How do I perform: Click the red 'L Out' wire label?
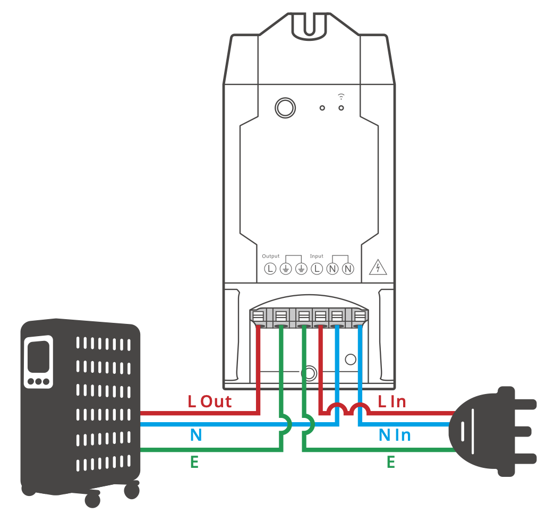point(210,401)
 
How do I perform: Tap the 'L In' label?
point(391,401)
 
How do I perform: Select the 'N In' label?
point(395,435)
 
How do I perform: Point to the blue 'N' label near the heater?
point(196,435)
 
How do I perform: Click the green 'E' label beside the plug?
point(390,463)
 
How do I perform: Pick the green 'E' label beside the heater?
point(194,463)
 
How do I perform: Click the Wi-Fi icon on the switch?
point(341,96)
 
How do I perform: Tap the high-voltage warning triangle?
point(378,267)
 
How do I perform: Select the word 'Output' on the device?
point(270,256)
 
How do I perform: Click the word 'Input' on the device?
point(317,256)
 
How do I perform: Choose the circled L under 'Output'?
point(270,269)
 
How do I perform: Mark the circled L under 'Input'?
point(317,269)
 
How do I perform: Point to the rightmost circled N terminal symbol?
point(348,269)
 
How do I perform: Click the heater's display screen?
point(38,356)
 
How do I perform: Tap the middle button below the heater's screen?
point(38,381)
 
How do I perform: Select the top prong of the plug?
point(517,404)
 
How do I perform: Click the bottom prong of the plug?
point(517,457)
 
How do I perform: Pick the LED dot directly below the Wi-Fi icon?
point(341,108)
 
